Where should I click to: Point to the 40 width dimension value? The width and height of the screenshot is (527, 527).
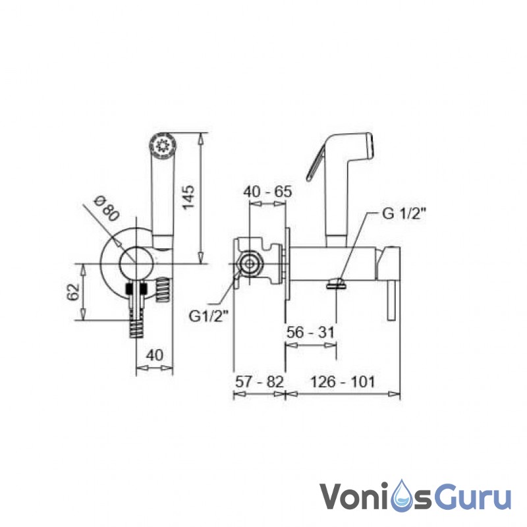pyautogui.click(x=154, y=354)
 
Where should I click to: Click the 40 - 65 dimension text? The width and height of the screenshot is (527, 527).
pyautogui.click(x=267, y=192)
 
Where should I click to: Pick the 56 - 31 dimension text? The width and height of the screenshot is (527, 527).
pyautogui.click(x=311, y=333)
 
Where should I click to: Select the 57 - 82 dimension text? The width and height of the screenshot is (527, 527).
pyautogui.click(x=259, y=381)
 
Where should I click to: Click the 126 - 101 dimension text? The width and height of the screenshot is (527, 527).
pyautogui.click(x=343, y=381)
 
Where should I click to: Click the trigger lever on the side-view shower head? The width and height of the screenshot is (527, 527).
pyautogui.click(x=316, y=165)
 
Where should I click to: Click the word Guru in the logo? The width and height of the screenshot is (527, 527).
pyautogui.click(x=468, y=495)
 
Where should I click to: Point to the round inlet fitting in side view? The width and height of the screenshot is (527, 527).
pyautogui.click(x=250, y=264)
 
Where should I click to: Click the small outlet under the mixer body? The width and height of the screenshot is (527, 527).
pyautogui.click(x=336, y=283)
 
